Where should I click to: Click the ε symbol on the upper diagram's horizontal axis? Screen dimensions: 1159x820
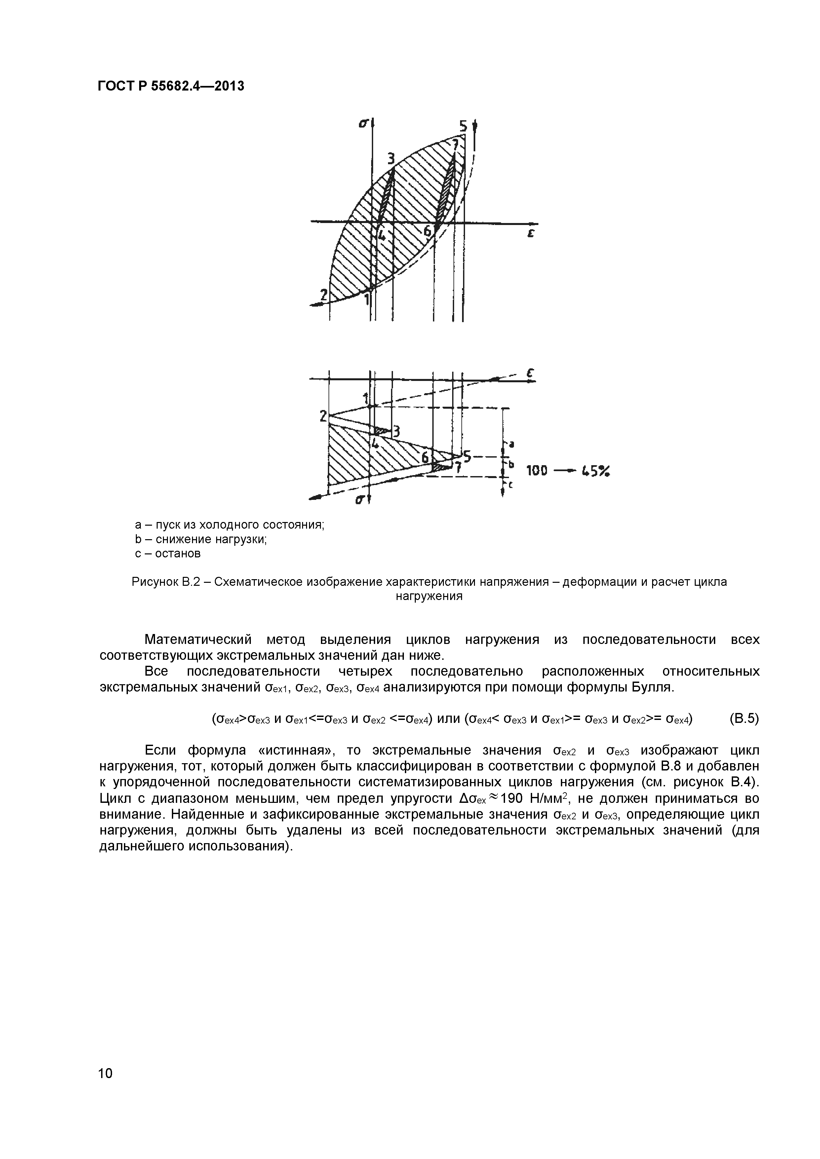coord(531,234)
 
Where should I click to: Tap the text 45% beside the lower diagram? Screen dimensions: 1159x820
coord(596,471)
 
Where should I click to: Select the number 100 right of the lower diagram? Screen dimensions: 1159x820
coord(537,471)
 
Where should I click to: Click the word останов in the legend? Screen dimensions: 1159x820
coord(177,554)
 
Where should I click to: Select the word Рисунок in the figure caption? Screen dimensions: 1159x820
coord(155,582)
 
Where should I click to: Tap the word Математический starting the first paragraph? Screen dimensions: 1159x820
coord(198,640)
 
